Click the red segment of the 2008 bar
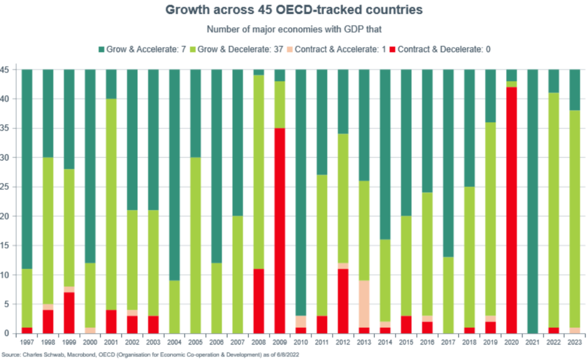pyautogui.click(x=258, y=301)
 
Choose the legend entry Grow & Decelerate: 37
pyautogui.click(x=243, y=50)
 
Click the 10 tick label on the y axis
pyautogui.click(x=10, y=274)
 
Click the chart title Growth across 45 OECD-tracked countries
pyautogui.click(x=293, y=10)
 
